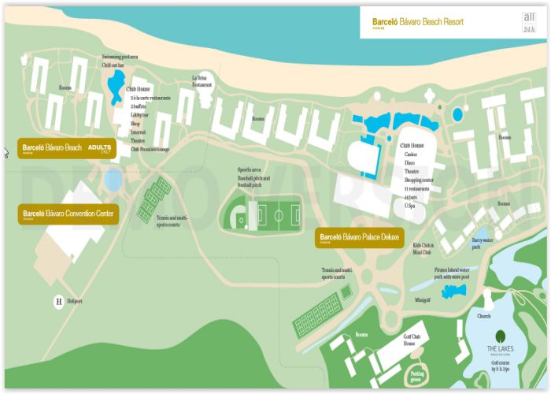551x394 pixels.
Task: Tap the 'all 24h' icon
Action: pyautogui.click(x=528, y=23)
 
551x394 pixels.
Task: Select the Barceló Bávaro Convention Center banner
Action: pyautogui.click(x=68, y=214)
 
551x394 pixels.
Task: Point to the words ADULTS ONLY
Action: pyautogui.click(x=101, y=148)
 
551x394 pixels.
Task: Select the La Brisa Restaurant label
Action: pyautogui.click(x=203, y=80)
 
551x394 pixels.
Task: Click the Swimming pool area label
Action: pyautogui.click(x=120, y=57)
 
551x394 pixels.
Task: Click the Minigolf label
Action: pyautogui.click(x=423, y=299)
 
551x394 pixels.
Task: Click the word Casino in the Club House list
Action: pyautogui.click(x=411, y=154)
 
